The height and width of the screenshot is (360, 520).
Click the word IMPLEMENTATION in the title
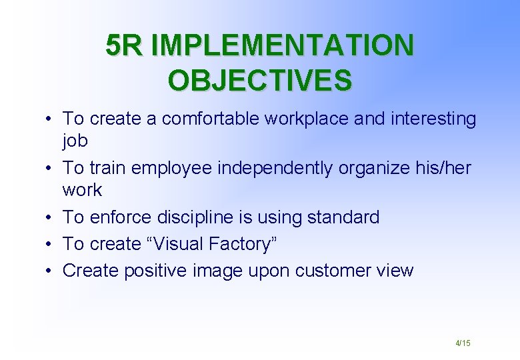[283, 46]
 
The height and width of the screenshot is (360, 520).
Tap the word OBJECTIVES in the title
[260, 80]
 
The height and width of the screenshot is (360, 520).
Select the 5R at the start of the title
[125, 46]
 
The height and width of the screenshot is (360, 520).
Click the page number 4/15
[463, 343]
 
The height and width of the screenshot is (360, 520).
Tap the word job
[75, 141]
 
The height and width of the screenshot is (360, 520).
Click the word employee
[173, 168]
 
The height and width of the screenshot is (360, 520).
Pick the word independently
[276, 168]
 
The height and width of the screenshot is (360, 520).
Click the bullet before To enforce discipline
[50, 218]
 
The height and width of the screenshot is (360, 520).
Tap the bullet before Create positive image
[50, 271]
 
